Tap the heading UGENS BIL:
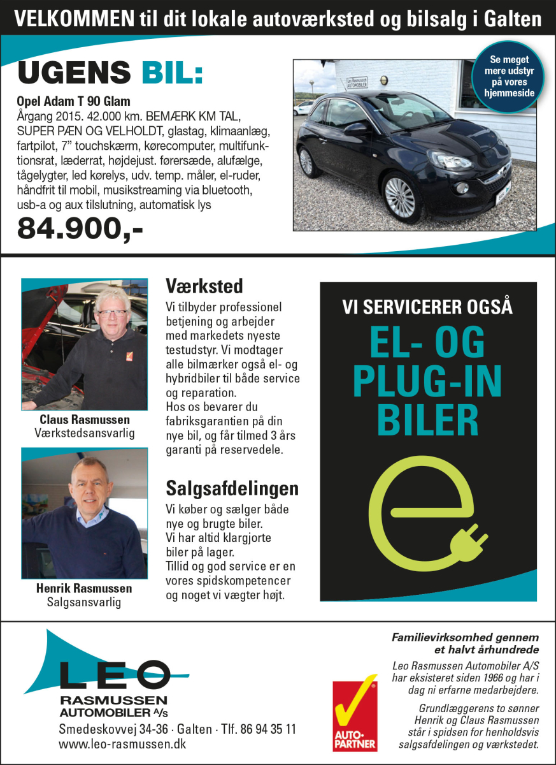(x=110, y=74)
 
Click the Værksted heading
(x=204, y=285)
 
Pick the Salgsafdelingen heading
(x=232, y=489)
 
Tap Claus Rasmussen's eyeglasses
(x=111, y=313)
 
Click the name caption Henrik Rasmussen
(x=84, y=588)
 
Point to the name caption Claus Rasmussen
(x=84, y=419)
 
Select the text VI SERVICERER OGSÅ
(x=427, y=307)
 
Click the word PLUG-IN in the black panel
(x=427, y=382)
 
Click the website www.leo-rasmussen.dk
(x=122, y=744)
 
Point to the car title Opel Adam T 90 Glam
(x=73, y=102)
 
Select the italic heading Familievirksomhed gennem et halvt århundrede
(x=466, y=643)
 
